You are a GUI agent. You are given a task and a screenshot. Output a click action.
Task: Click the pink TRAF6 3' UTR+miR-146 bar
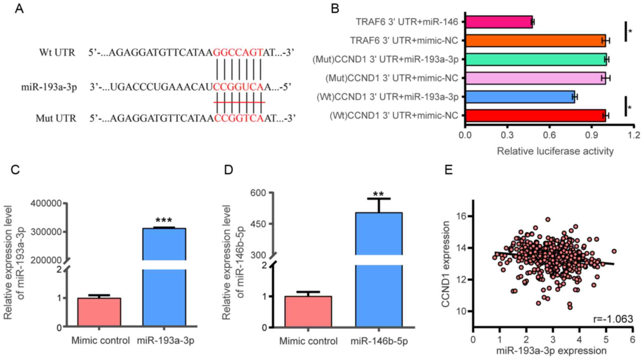[499, 22]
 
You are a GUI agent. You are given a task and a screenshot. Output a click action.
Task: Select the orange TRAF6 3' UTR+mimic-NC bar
[535, 41]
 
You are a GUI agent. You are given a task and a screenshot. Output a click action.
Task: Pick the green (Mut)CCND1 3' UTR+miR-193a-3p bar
[536, 59]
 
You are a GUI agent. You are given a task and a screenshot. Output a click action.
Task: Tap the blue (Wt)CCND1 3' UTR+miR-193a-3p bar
[520, 97]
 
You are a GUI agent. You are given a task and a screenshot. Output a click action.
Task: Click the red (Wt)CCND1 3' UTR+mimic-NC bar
[535, 115]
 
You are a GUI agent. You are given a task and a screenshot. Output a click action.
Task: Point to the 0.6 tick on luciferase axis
[549, 135]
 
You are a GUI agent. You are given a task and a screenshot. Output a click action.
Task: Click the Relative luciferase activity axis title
[555, 151]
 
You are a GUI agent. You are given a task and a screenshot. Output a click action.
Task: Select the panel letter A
[19, 9]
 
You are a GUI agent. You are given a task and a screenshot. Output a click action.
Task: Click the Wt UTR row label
[57, 52]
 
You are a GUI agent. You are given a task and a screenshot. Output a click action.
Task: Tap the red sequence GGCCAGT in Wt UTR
[238, 52]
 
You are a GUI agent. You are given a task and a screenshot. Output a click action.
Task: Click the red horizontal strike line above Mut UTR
[239, 102]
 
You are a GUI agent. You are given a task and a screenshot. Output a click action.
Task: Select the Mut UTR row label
[56, 118]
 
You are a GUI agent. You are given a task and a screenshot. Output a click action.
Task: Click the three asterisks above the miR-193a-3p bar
[164, 220]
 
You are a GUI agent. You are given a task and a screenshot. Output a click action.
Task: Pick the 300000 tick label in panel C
[46, 232]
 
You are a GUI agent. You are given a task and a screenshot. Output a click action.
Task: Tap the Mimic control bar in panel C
[99, 312]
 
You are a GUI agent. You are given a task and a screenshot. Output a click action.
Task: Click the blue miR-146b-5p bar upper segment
[379, 234]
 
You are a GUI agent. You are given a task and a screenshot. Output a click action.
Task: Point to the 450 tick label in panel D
[258, 224]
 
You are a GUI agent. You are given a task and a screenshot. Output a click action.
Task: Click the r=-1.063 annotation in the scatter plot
[613, 319]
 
